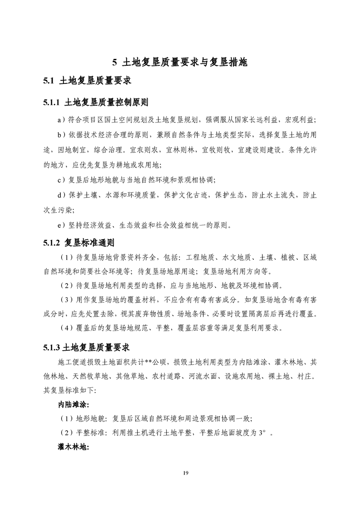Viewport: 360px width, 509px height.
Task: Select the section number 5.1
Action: [49, 82]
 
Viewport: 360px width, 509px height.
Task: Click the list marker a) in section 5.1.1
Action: [62, 120]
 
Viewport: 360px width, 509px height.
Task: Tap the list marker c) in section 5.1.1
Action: [62, 180]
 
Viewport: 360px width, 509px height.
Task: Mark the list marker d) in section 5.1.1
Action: [62, 195]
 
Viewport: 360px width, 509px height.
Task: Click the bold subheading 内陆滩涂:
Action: [74, 404]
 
